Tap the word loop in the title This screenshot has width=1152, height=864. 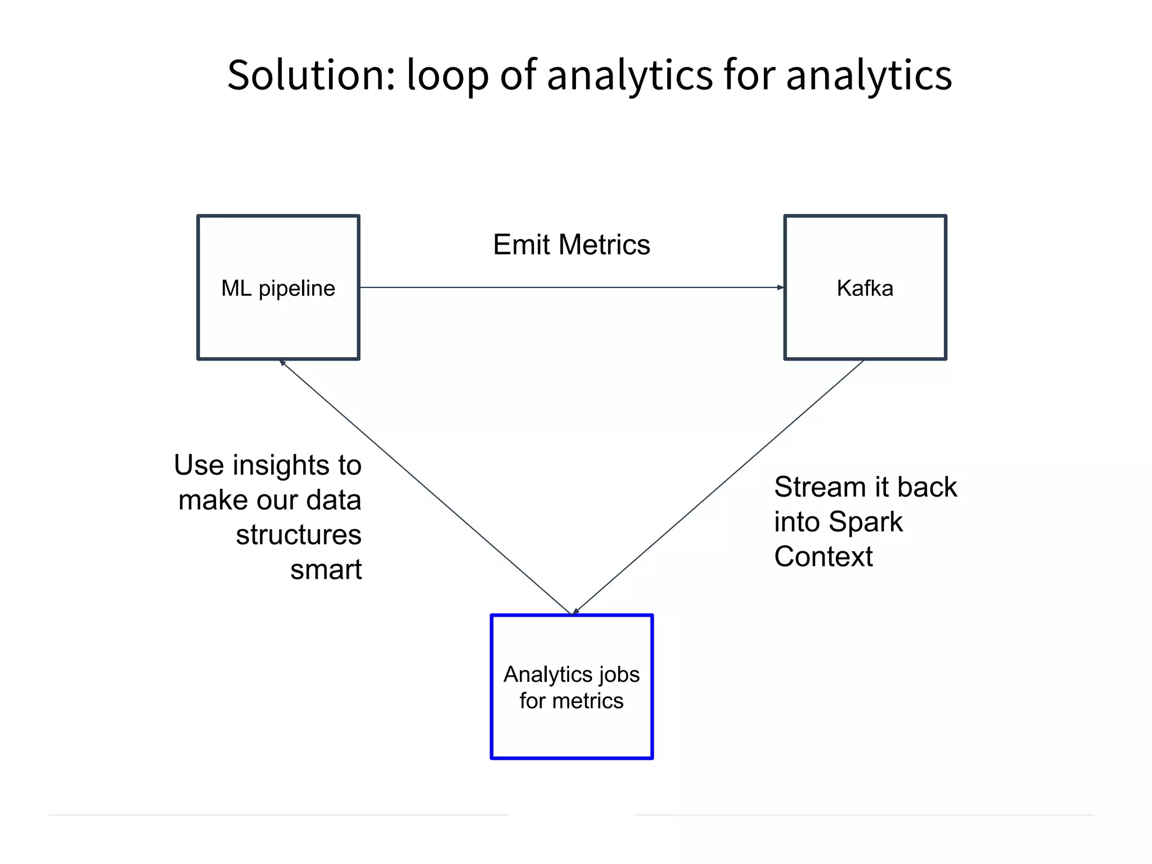click(447, 75)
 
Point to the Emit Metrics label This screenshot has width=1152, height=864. click(571, 245)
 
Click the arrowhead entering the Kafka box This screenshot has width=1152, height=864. click(780, 287)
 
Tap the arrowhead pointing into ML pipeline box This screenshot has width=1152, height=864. click(283, 363)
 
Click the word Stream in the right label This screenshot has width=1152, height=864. click(819, 487)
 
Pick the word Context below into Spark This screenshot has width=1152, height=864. click(823, 557)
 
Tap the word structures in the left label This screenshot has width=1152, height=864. click(298, 535)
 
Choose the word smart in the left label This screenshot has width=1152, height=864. click(326, 570)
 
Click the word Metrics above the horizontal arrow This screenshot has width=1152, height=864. click(604, 245)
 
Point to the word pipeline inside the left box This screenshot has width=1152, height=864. click(296, 289)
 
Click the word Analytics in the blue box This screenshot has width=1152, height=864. click(547, 674)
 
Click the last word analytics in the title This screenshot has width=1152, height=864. click(868, 75)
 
